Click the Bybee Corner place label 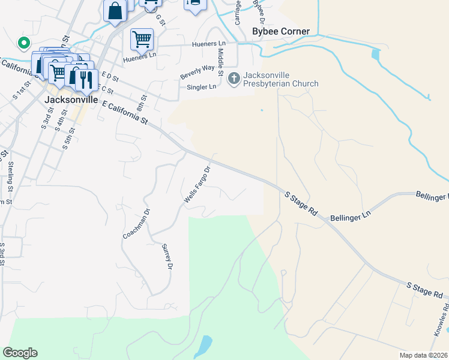click(281, 31)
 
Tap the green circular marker click(23, 43)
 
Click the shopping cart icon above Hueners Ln click(142, 40)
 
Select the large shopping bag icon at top click(115, 11)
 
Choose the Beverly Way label click(197, 72)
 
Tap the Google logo click(20, 353)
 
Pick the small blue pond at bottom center click(204, 345)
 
